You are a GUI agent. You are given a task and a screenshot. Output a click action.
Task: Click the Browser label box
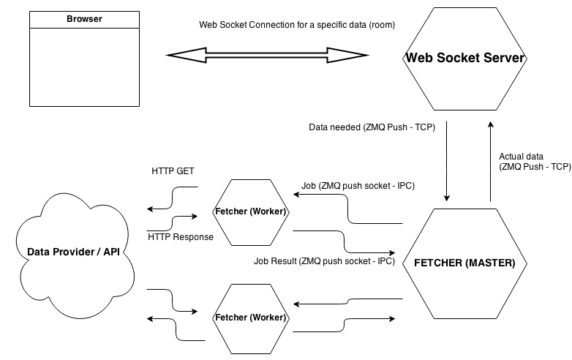[x=84, y=20]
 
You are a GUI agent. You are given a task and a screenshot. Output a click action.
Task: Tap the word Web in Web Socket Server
[x=419, y=59]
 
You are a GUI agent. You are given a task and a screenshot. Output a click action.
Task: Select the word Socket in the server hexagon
[x=458, y=59]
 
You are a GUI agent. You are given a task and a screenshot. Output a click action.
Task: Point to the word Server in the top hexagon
[x=505, y=59]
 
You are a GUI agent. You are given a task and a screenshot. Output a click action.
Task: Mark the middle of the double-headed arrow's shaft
[x=267, y=55]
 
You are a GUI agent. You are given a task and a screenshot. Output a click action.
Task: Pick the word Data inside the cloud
[x=38, y=252]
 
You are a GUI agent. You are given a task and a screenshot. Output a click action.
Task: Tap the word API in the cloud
[x=111, y=252]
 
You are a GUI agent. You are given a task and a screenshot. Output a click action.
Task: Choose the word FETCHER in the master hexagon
[x=438, y=263]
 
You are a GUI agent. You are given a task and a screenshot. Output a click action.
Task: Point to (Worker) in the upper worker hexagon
[x=268, y=212]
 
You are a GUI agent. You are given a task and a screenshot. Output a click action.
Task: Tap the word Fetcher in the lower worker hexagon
[x=230, y=318]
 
